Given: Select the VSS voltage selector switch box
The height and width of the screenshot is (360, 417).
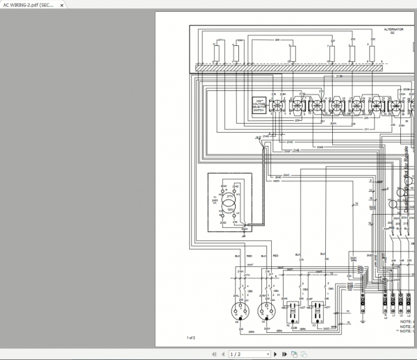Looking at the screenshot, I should (259, 105).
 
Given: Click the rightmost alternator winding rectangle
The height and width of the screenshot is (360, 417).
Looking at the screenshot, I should (373, 52).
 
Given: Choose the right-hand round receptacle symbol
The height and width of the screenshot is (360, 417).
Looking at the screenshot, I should (265, 309).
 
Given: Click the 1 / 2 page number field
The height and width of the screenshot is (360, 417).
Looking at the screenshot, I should (236, 354).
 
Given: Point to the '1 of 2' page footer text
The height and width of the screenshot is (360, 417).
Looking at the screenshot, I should (191, 338).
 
